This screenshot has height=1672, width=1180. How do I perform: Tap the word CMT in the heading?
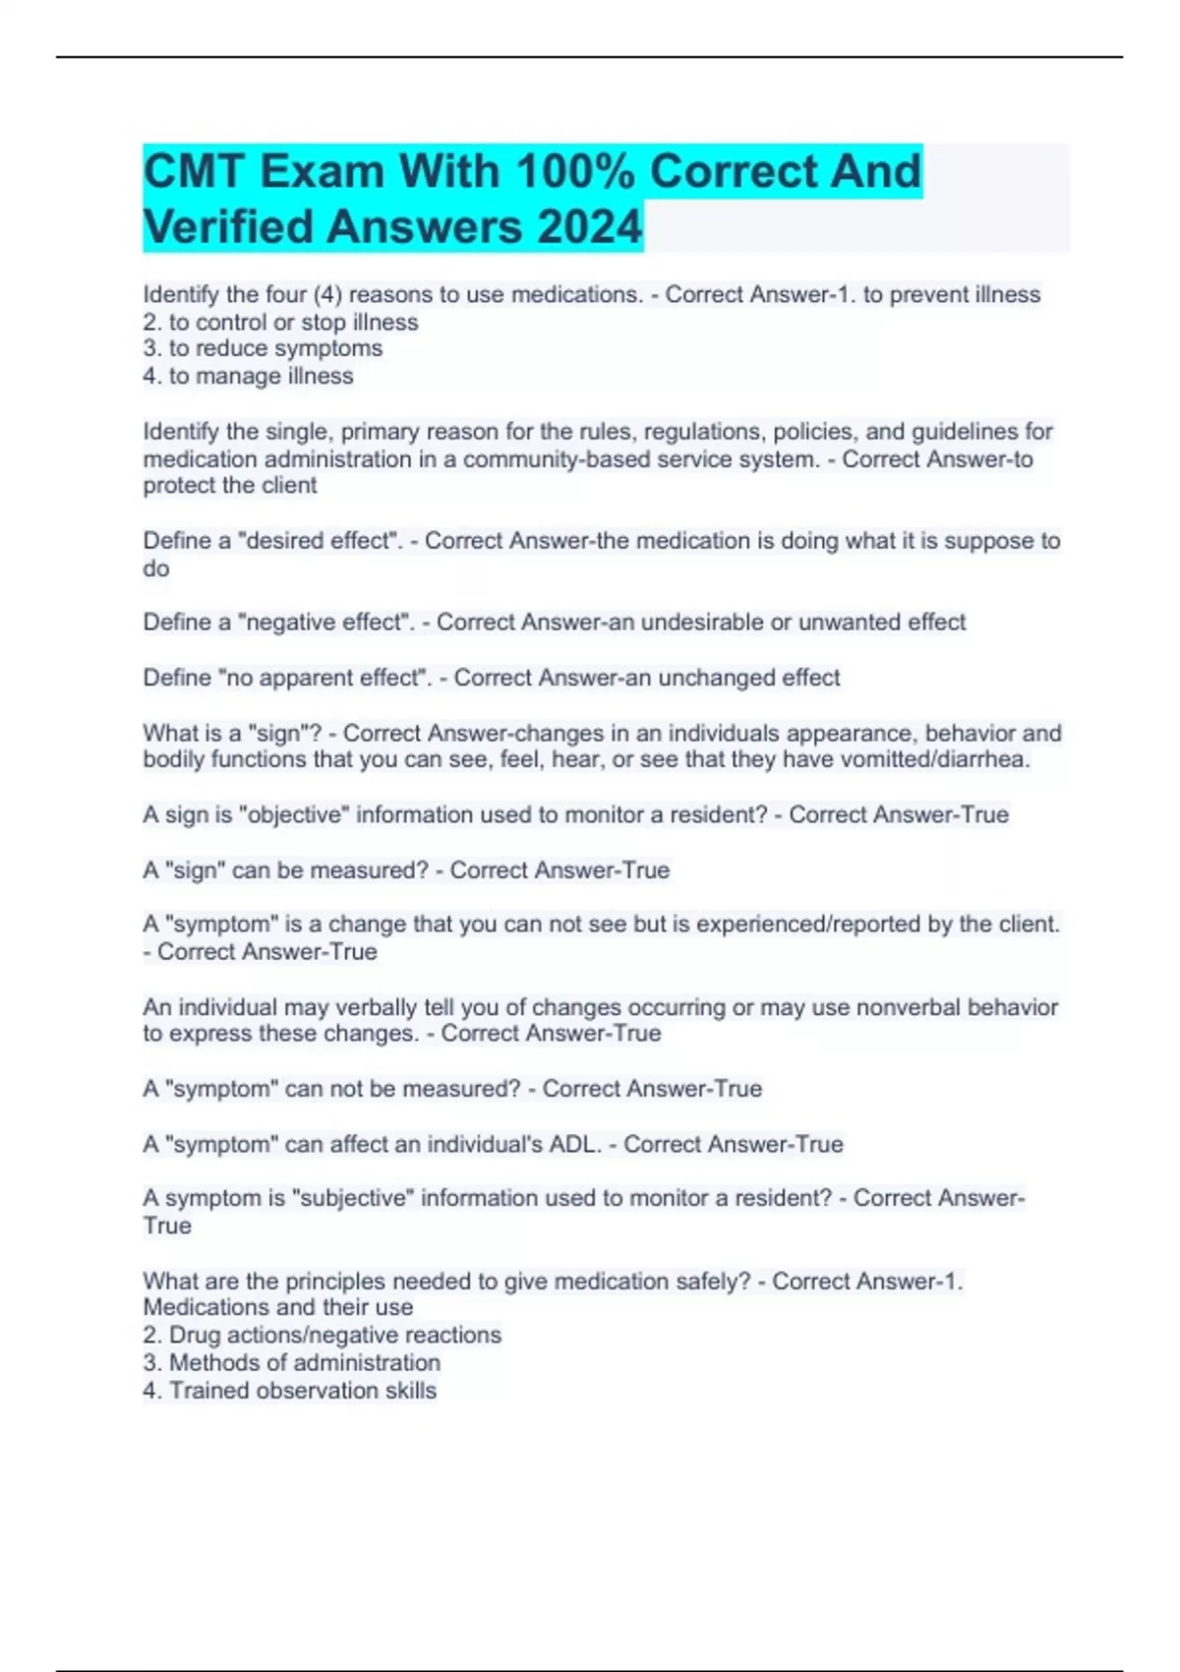194,171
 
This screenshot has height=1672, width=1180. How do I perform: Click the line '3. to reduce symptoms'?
263,348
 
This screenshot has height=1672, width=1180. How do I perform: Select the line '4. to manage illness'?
248,376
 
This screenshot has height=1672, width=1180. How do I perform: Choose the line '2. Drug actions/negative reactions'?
322,1335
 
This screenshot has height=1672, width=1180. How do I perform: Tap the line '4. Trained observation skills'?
289,1390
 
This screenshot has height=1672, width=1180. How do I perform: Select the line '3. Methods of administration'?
291,1362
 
